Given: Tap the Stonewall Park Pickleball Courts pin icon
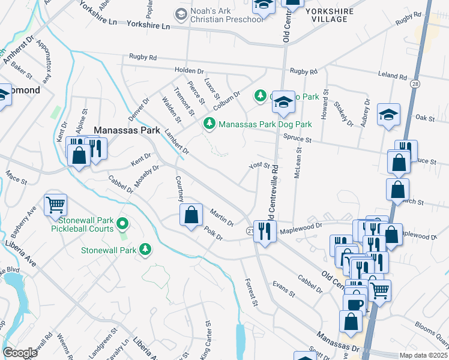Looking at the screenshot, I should point(123,224).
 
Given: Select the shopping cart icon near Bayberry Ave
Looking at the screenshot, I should point(55,205).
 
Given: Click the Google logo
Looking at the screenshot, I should point(20,353).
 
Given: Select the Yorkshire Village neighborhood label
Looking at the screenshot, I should point(326,15).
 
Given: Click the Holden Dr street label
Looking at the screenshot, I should point(189,70).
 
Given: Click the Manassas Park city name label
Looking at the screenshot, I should point(127,130).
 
